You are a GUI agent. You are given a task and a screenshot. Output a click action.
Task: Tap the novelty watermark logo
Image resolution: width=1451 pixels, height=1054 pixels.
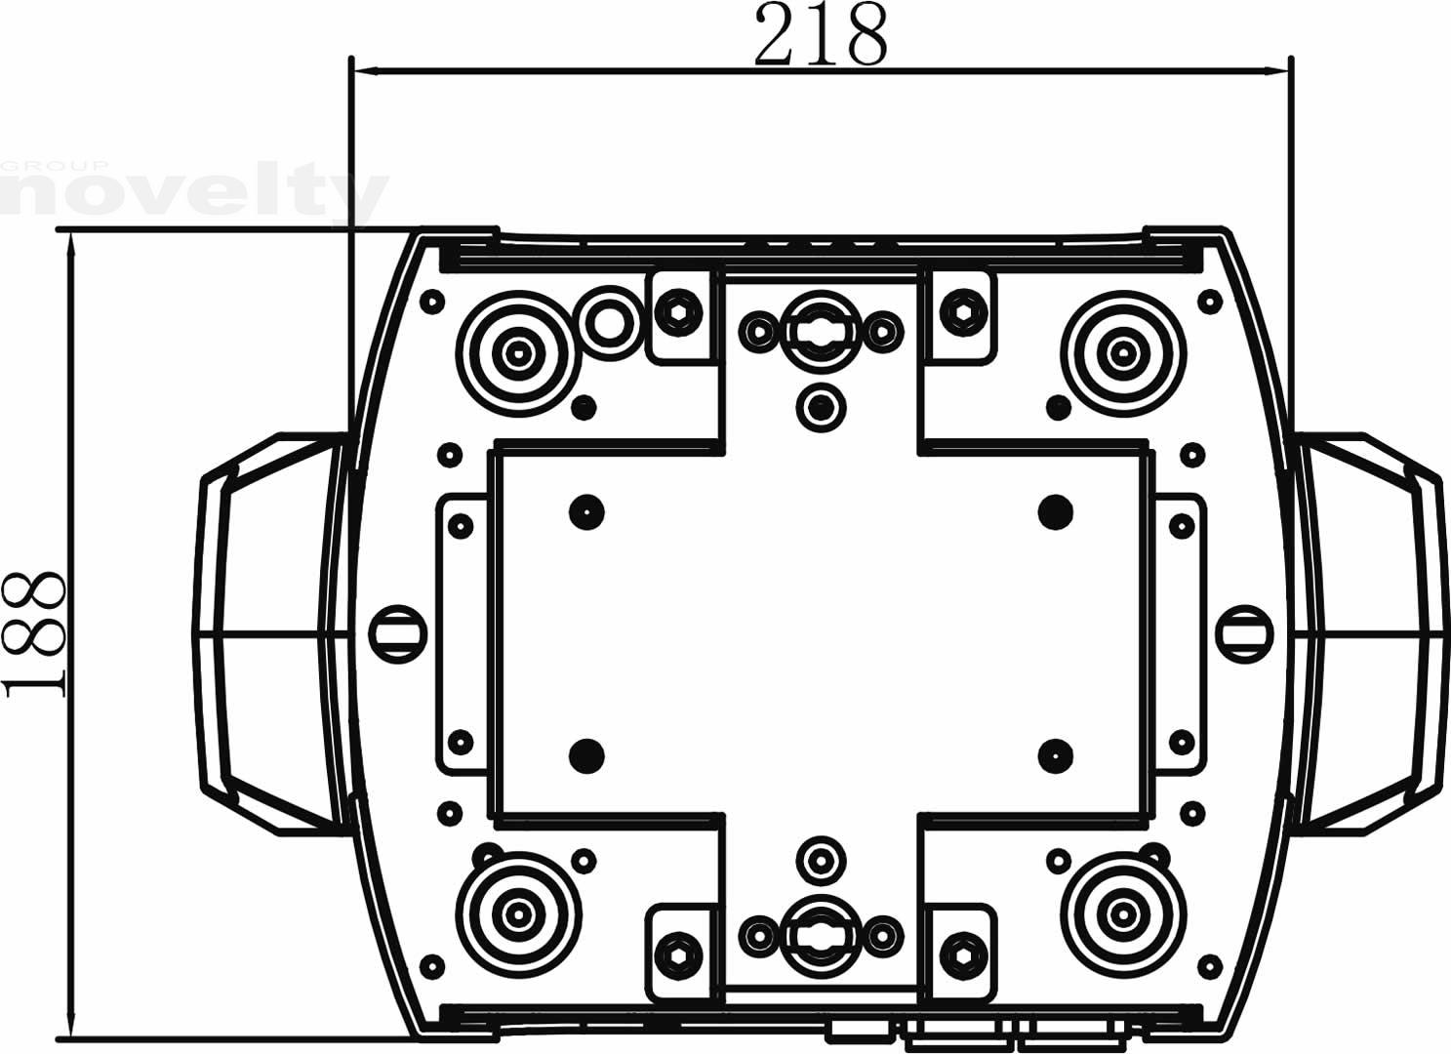pyautogui.click(x=194, y=192)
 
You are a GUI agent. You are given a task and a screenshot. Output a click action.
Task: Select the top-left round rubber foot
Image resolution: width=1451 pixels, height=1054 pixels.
pyautogui.click(x=518, y=353)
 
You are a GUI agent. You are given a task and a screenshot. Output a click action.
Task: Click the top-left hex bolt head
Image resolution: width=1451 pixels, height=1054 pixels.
pyautogui.click(x=678, y=312)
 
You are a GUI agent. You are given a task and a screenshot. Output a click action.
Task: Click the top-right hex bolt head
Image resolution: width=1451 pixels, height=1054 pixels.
pyautogui.click(x=962, y=312)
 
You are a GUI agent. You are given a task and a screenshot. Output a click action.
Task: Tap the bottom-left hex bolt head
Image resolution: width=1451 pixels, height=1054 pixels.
pyautogui.click(x=678, y=955)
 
